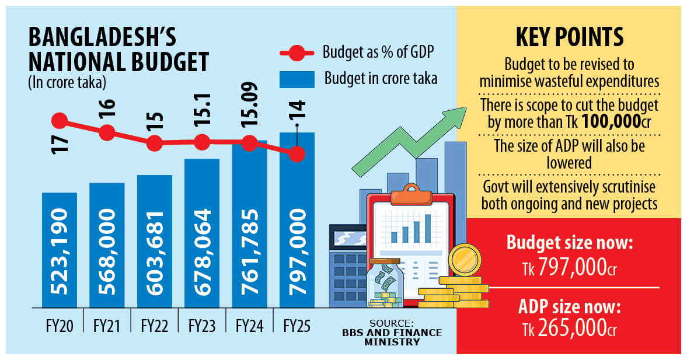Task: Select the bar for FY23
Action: pos(202,233)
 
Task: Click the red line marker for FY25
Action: pos(297,154)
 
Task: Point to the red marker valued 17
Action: pos(59,121)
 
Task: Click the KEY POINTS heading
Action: pos(569,37)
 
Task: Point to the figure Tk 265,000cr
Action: pos(569,329)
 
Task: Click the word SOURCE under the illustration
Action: pos(392,323)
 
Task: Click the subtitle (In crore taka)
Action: pos(67,83)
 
